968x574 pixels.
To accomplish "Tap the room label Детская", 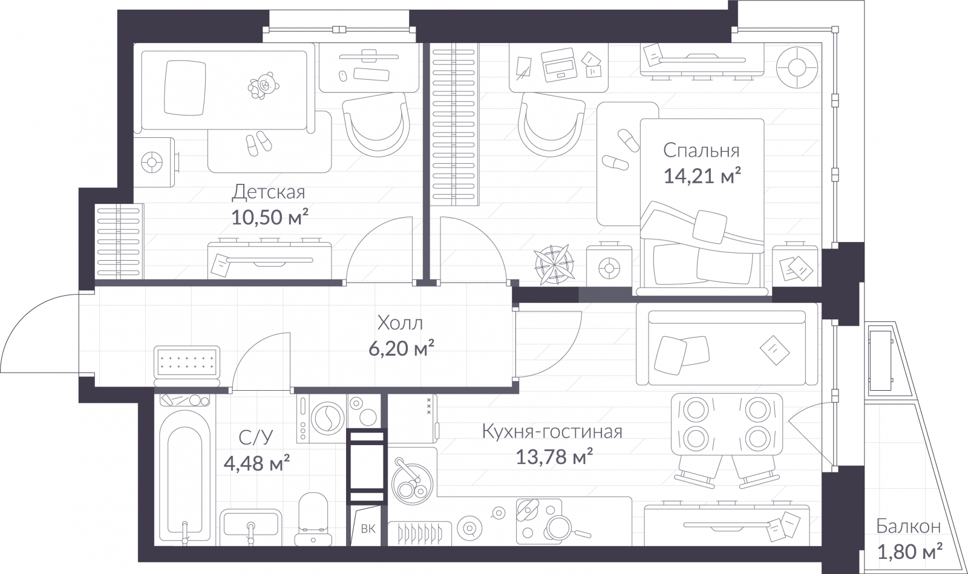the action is click(269, 192).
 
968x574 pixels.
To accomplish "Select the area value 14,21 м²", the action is click(702, 176).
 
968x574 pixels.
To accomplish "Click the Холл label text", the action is click(400, 323).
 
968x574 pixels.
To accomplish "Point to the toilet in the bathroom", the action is click(313, 519).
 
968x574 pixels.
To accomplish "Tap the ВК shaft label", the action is click(368, 529).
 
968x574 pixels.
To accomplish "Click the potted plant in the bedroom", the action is click(554, 265).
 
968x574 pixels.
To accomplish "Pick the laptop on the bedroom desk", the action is click(559, 65).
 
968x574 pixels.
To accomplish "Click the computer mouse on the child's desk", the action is click(342, 76).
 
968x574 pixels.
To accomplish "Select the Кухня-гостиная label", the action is click(552, 431).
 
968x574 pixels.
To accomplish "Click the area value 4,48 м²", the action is click(257, 464).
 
